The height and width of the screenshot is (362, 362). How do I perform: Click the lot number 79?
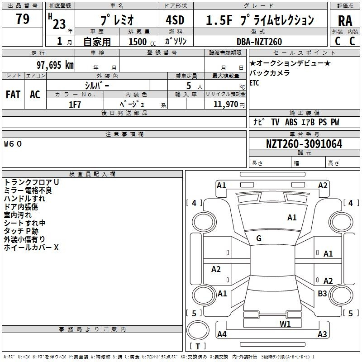coord(23,19)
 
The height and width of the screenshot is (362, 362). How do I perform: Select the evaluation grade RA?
coord(345,21)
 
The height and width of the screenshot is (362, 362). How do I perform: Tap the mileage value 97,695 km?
coord(55,65)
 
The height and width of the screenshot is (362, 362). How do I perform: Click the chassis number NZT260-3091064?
coord(304,144)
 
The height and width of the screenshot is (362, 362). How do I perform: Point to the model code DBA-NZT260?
coord(259,42)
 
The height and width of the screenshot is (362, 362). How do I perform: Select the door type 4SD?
coord(175,20)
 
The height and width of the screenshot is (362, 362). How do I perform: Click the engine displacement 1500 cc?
coord(142,42)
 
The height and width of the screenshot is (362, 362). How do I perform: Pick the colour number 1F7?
coord(75,105)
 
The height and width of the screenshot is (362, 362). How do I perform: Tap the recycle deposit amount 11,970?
coord(226,104)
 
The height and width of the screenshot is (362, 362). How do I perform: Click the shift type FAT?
coord(13,95)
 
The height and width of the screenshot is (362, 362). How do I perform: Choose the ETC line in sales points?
coord(254,83)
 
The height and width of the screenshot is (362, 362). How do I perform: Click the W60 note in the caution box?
coord(13,144)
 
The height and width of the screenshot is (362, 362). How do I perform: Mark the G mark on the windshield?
coord(259,238)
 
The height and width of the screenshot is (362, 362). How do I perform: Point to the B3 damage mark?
coord(322,294)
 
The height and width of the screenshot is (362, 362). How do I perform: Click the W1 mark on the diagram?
coord(285,324)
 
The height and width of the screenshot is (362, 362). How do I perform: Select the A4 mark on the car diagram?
coord(222,334)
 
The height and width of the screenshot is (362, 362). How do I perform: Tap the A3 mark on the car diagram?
coord(322,334)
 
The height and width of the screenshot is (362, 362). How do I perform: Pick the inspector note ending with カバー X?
coord(31,248)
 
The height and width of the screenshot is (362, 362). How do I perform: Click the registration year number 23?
coord(59,24)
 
